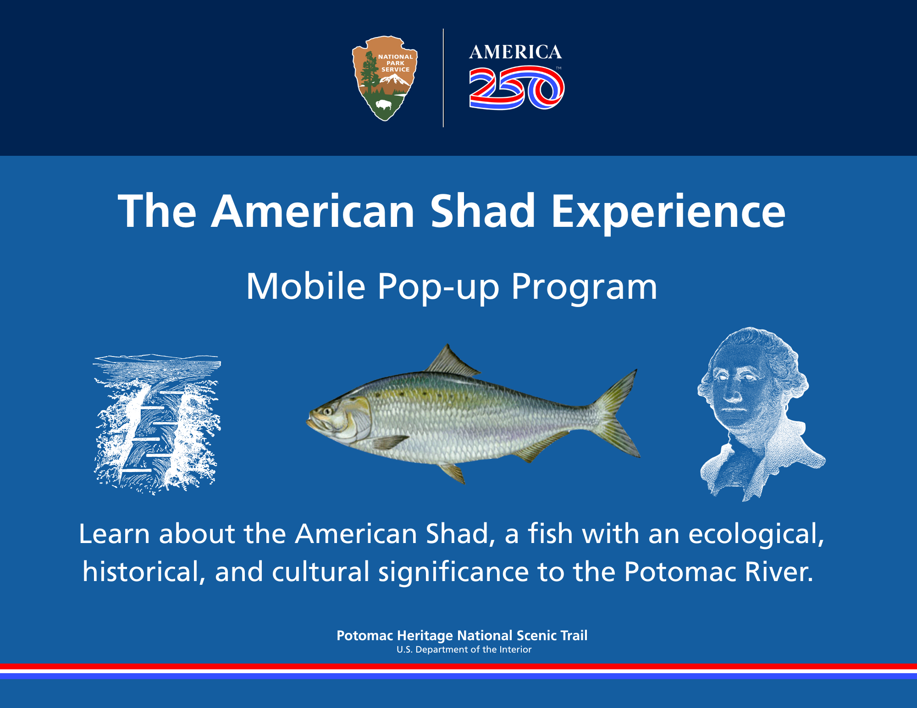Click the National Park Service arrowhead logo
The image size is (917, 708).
(x=385, y=78)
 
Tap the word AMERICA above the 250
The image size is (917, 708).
(x=515, y=52)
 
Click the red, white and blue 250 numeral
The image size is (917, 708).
(x=517, y=88)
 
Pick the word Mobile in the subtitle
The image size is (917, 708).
(x=306, y=286)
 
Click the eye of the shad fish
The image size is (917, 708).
(x=327, y=411)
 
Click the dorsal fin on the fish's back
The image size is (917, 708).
(x=450, y=362)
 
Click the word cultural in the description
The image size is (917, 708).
(x=320, y=572)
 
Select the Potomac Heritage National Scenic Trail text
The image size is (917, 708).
(x=462, y=636)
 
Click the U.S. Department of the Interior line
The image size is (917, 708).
(x=464, y=649)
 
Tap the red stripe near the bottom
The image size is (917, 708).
(x=458, y=666)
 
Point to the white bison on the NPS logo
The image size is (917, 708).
(x=384, y=105)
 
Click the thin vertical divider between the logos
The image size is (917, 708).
(x=443, y=78)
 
